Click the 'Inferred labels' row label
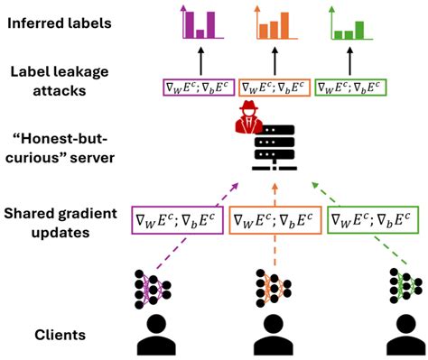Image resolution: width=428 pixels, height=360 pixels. point(59,19)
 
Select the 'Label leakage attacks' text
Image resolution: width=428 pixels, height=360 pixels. point(59,79)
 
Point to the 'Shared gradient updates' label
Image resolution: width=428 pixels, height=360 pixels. point(59,221)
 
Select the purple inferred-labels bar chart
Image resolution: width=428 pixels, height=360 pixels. point(200,24)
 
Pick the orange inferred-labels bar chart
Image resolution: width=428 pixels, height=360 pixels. point(273,24)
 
